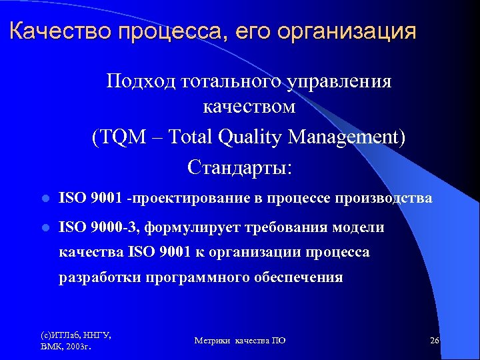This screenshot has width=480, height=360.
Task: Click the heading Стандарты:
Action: (239, 166)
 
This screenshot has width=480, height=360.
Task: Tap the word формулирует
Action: (181, 227)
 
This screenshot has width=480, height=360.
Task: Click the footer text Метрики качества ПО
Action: (240, 340)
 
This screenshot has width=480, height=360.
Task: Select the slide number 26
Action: (435, 340)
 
